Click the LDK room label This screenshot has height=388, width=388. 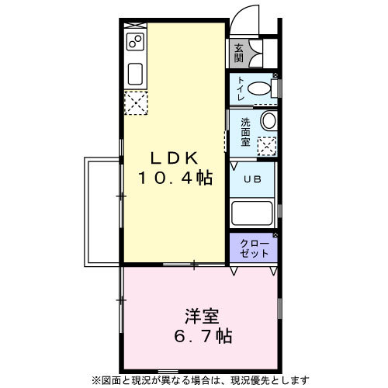click(x=175, y=158)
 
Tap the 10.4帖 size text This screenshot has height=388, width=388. click(x=175, y=178)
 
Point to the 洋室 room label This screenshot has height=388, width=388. click(x=202, y=316)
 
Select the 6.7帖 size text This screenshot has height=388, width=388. click(x=203, y=336)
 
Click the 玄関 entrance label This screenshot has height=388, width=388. click(x=239, y=54)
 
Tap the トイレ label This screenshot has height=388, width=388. click(x=241, y=88)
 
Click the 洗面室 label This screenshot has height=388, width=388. click(x=245, y=132)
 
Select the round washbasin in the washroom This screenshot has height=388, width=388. click(x=269, y=120)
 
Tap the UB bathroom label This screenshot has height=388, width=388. click(x=253, y=179)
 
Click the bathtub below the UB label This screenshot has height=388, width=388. click(x=252, y=213)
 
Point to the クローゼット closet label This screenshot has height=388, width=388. click(x=255, y=248)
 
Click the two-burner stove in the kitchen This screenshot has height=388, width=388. click(x=135, y=42)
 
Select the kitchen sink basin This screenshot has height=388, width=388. click(x=135, y=74)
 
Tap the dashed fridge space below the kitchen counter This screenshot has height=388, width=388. click(x=136, y=103)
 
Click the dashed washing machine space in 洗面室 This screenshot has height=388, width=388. click(x=267, y=146)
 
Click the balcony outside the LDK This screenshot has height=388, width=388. click(x=102, y=212)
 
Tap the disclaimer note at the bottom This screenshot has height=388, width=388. click(x=200, y=380)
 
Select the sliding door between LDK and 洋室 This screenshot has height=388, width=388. click(x=194, y=265)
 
